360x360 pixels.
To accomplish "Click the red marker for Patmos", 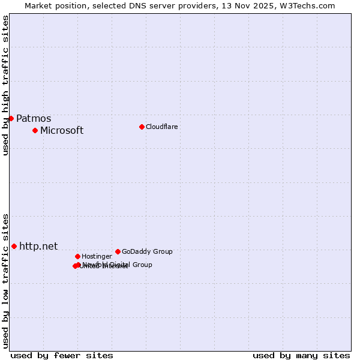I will [11, 118].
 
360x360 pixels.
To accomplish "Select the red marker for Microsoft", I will [35, 130].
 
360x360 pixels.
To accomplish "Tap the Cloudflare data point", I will [142, 127].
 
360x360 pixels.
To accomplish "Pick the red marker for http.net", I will [14, 246].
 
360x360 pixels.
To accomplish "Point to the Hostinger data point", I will [77, 256].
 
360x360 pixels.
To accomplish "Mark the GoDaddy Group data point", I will [118, 251].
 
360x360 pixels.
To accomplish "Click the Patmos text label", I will [34, 119].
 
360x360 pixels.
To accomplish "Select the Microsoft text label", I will [62, 131].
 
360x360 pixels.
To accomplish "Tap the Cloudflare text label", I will [162, 127].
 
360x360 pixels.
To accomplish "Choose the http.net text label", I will [38, 247].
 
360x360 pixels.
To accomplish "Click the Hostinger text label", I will [97, 257].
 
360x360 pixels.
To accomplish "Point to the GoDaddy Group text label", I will [147, 252].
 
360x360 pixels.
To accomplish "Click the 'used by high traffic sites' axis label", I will [6, 85].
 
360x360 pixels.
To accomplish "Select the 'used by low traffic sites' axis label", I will [6, 280].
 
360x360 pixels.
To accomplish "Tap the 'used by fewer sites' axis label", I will [62, 355].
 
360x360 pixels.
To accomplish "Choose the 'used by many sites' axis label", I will [301, 355].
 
